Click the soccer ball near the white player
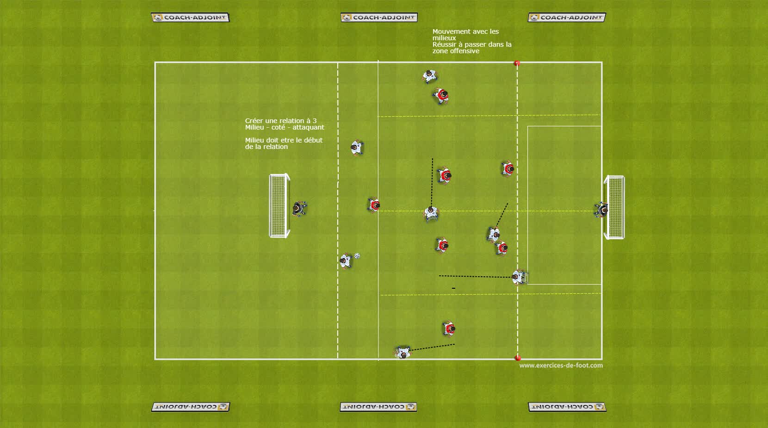[357, 255]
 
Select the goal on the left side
[279, 205]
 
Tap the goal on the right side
[614, 207]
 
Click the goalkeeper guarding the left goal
[299, 209]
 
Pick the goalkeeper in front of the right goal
[601, 210]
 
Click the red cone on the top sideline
[517, 63]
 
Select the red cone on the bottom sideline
[518, 358]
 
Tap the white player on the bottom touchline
[403, 352]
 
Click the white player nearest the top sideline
[430, 76]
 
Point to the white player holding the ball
[346, 261]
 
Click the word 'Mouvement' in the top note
[451, 31]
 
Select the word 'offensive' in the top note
[465, 51]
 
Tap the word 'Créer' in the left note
[254, 121]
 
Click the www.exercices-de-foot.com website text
[561, 366]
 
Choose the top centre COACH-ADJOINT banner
[379, 18]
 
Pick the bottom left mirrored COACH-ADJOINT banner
[191, 407]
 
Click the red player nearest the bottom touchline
[449, 329]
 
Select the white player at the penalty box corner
[518, 277]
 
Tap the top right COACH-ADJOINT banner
[567, 18]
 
